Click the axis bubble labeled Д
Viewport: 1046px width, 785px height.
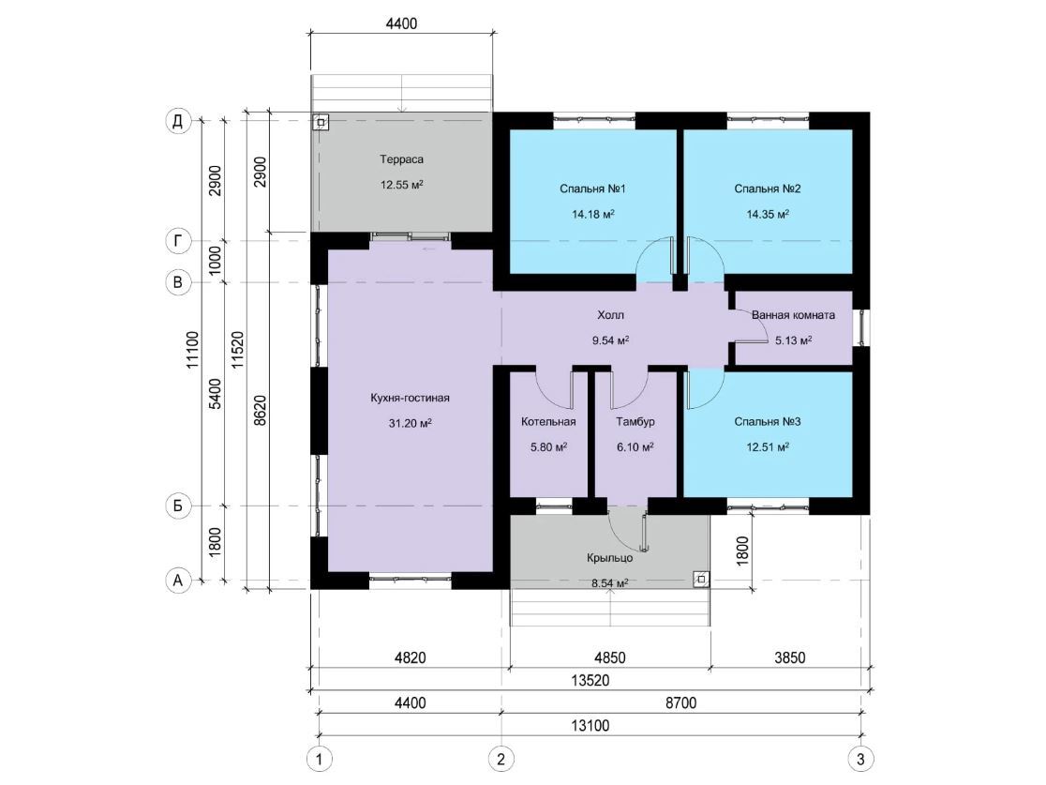click(x=177, y=122)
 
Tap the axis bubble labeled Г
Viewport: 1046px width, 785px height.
click(x=177, y=240)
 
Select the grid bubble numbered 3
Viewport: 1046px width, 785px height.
click(x=860, y=759)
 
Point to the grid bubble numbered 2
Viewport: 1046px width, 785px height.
click(x=501, y=759)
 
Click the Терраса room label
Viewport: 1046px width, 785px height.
click(x=401, y=159)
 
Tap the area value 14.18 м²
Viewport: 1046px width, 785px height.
click(x=593, y=214)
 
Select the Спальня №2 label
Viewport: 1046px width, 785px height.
click(x=767, y=189)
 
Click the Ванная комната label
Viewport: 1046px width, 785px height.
click(x=793, y=315)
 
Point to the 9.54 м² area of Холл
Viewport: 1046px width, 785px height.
click(x=610, y=340)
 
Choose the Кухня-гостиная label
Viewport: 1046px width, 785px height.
click(x=410, y=398)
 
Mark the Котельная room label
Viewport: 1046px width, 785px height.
click(x=548, y=422)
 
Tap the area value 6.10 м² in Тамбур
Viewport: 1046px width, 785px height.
click(x=635, y=447)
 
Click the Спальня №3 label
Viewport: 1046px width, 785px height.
click(x=767, y=422)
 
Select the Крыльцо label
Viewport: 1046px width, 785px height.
click(x=610, y=558)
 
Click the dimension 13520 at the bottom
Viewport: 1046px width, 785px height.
click(x=590, y=681)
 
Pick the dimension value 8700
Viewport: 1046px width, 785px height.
click(x=680, y=702)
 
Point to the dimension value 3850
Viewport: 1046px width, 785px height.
click(x=790, y=658)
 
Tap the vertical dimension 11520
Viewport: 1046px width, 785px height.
click(x=238, y=350)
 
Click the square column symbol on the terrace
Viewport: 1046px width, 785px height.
click(x=321, y=123)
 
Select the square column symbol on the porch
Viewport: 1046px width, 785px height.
click(x=701, y=580)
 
